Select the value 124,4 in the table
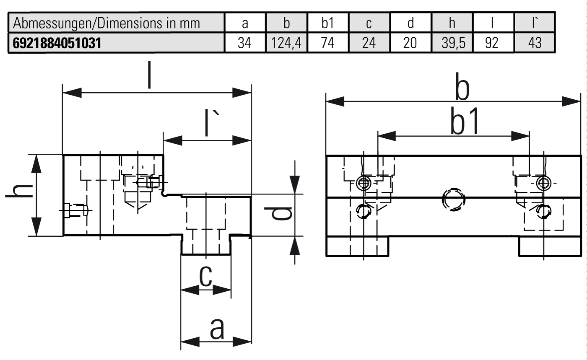click(x=286, y=43)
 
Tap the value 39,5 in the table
click(x=452, y=43)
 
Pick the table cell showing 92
click(x=493, y=43)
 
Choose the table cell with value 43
click(x=535, y=43)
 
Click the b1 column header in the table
click(x=327, y=23)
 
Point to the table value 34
click(x=245, y=43)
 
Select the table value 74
click(x=327, y=43)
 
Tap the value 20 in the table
click(x=410, y=43)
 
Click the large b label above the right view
click(x=462, y=90)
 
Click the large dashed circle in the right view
click(x=453, y=199)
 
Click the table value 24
click(x=369, y=43)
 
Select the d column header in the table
click(x=410, y=23)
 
